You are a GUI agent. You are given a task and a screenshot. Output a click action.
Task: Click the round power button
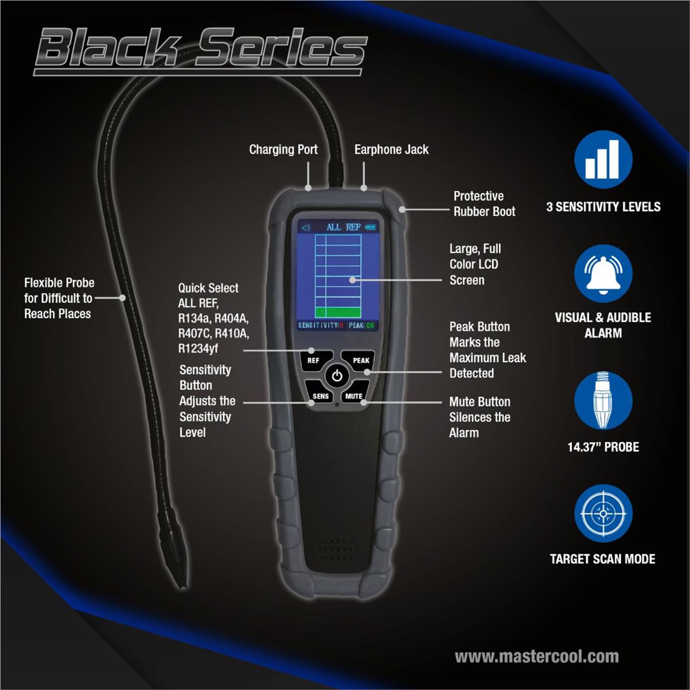337,376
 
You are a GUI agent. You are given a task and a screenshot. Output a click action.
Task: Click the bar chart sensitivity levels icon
603,159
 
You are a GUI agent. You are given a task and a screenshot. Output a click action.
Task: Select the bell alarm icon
603,274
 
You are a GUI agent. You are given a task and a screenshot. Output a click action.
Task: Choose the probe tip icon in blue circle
603,400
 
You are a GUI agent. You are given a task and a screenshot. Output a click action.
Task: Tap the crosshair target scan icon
603,513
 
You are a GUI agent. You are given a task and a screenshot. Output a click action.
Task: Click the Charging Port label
283,149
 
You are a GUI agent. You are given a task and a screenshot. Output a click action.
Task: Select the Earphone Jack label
392,149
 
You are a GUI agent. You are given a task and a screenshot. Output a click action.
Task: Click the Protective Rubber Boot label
485,204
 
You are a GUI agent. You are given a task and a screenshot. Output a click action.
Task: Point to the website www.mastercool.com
536,656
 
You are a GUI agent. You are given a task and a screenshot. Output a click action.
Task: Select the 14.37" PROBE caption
603,447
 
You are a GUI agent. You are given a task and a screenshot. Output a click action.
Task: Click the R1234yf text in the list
198,348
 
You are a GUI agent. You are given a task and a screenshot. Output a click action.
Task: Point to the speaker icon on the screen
306,228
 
